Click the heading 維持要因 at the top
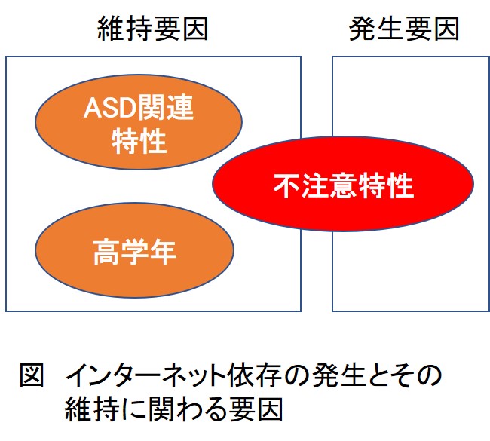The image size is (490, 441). tap(153, 29)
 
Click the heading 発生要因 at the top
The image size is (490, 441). tap(404, 29)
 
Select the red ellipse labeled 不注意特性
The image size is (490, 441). tap(343, 184)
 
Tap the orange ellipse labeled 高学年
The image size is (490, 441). tap(135, 250)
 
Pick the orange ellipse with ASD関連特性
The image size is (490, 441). tap(139, 122)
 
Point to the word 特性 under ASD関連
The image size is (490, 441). tap(139, 141)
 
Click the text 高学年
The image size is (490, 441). tap(135, 252)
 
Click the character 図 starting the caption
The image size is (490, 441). tap(32, 375)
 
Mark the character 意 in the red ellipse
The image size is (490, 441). tap(344, 185)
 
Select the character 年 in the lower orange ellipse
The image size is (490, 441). tap(163, 252)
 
